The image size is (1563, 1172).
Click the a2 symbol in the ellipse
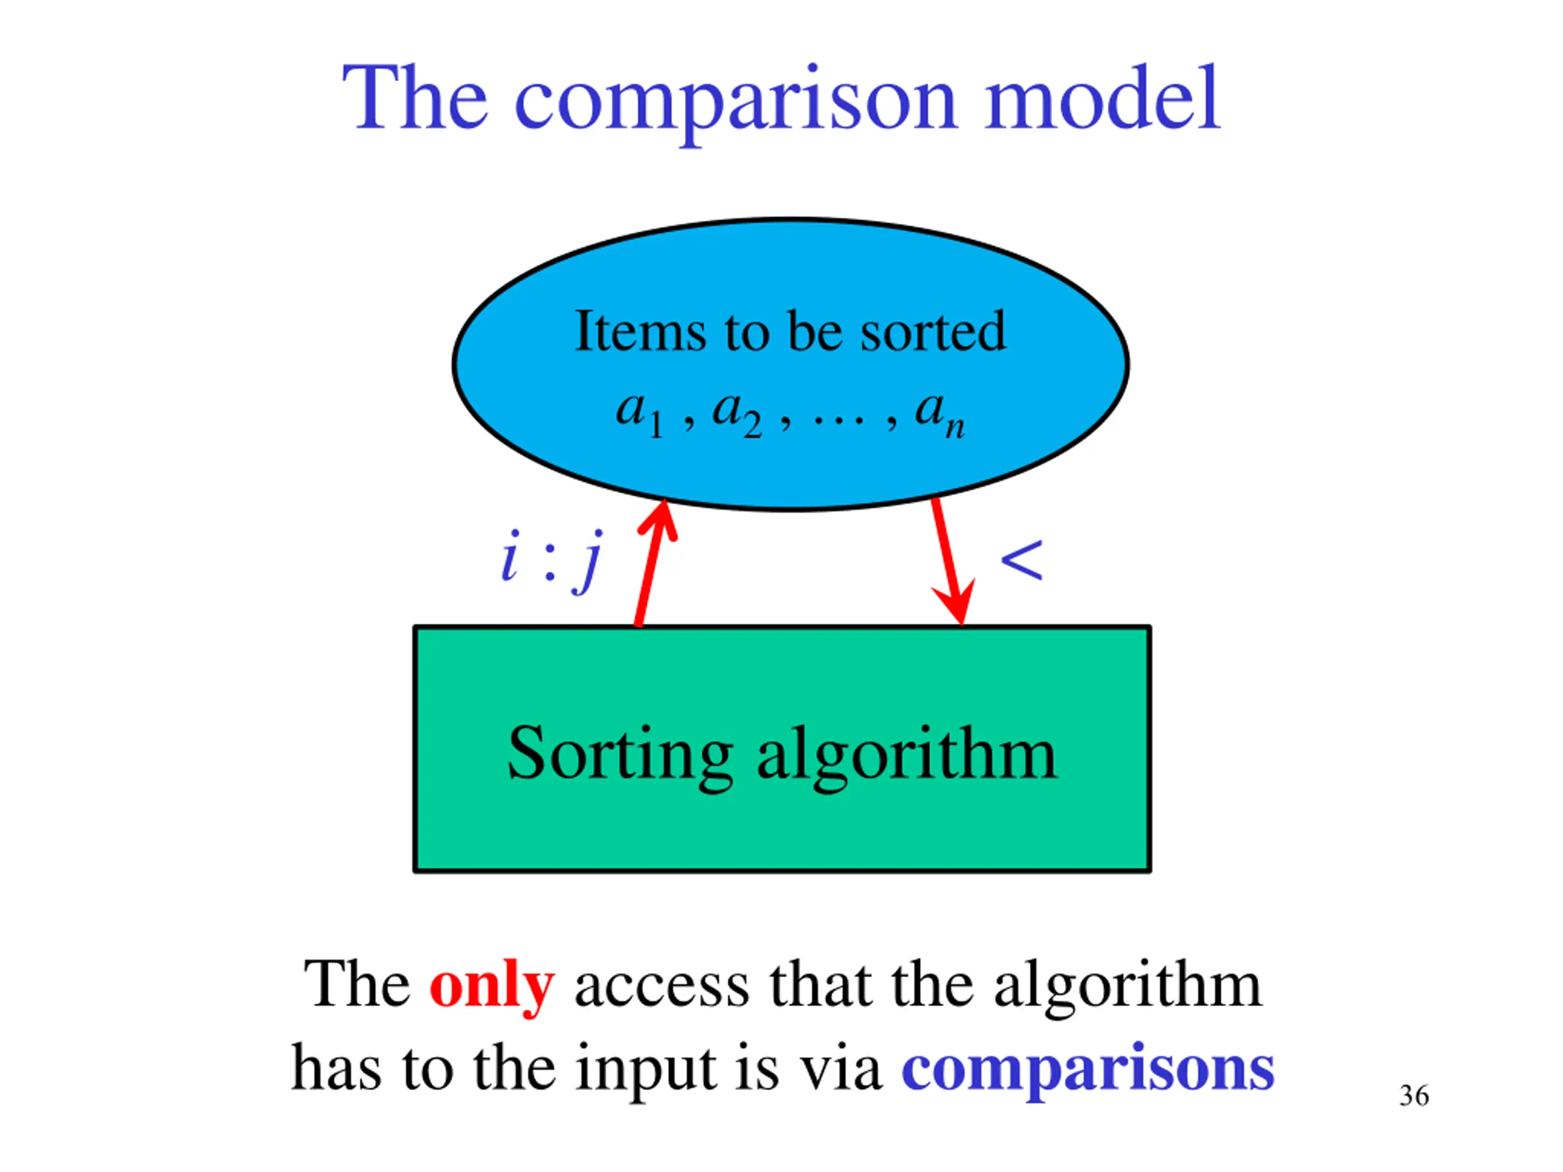[x=736, y=413]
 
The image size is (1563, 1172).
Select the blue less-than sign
[x=1021, y=562]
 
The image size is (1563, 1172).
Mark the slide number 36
[x=1414, y=1096]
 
